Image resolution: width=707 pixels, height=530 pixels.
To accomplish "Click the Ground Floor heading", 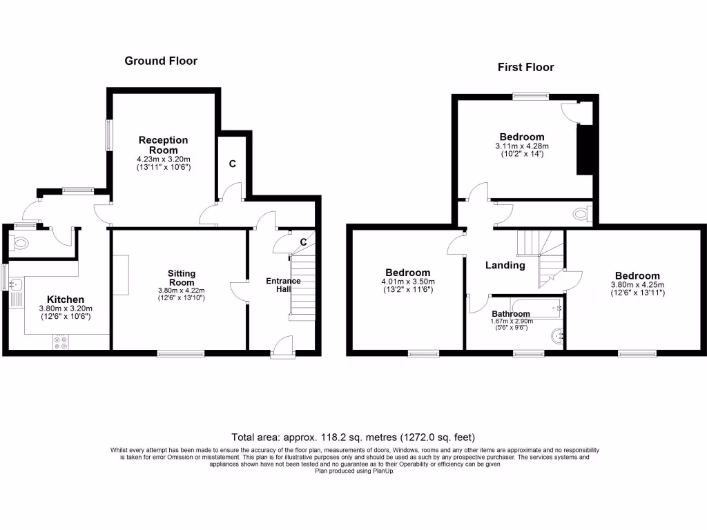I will coord(161,61).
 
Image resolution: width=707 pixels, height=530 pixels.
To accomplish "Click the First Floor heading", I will coord(525,67).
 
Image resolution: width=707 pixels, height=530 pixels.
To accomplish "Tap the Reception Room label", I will coord(163,145).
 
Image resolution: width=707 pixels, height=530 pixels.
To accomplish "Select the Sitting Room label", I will coord(181,277).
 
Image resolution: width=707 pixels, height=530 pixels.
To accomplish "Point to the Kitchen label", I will coord(65,300).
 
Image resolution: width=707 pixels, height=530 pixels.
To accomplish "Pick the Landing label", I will coord(505,265).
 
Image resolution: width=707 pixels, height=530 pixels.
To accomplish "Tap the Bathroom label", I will coord(511,314).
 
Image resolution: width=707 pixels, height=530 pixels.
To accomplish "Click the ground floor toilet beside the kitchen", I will coord(21,243).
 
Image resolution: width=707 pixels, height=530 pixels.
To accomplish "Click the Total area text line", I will coord(353,438).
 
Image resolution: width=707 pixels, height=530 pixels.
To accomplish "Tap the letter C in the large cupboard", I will coord(233,164).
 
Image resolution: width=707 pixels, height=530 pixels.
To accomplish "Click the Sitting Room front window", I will coord(181,354).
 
